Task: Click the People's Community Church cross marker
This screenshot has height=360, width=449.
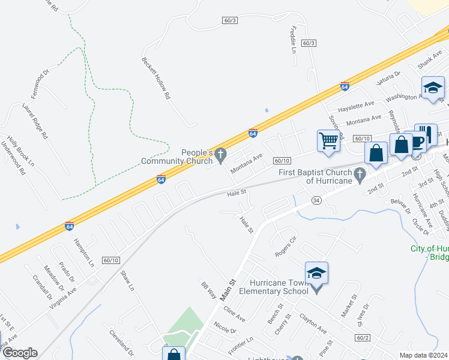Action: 221,155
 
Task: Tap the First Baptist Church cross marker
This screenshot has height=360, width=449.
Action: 360,176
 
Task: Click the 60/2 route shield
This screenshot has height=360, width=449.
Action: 362,338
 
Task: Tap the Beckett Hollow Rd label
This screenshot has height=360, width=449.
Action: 155,78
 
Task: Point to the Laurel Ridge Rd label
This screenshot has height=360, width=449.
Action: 34,121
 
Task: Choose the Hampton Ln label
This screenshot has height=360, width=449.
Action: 83,252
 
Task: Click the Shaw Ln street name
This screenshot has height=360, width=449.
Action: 127,280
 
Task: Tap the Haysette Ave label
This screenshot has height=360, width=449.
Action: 356,106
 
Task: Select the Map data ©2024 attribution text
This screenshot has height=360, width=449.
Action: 424,355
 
